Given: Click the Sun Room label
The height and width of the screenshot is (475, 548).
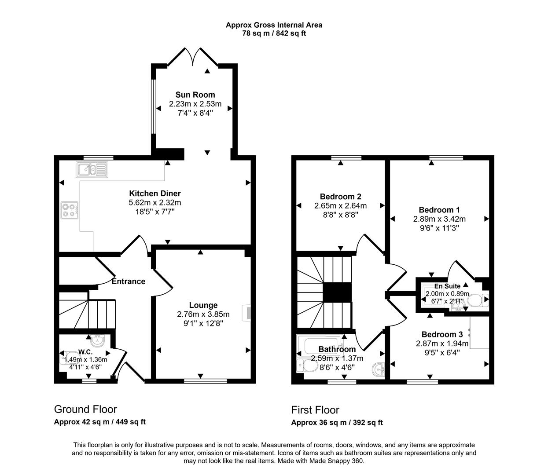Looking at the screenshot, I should point(195,95).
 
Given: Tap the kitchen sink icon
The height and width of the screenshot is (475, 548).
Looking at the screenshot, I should point(91,169).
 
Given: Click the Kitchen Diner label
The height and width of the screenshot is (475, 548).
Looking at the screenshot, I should point(154,194).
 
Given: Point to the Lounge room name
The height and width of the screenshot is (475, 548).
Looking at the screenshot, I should point(203,305).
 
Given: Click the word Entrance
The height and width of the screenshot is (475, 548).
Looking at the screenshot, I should point(128,281).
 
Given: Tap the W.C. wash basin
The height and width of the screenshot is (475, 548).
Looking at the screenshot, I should point(96,340).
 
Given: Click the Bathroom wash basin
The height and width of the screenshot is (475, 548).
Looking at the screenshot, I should point(378,368).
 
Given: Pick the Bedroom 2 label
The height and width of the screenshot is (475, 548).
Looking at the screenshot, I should point(340,197).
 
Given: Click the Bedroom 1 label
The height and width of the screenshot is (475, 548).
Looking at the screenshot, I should point(439,210).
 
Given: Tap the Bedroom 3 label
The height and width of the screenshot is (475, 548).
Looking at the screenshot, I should point(442,334).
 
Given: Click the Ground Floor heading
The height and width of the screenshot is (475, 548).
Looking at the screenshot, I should point(85,409).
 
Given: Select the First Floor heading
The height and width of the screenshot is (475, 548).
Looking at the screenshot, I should point(315,410).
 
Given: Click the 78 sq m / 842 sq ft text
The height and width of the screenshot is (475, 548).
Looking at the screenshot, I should point(274,33).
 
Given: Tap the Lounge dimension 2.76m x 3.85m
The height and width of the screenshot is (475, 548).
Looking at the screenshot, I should point(203,314).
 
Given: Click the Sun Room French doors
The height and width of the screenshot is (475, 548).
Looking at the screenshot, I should point(193,57).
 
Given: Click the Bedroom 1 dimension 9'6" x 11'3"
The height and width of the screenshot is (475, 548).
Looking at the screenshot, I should point(439,228).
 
